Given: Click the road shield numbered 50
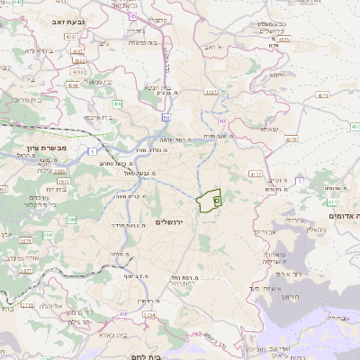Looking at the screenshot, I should click(166, 117).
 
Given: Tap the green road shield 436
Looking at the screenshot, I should click(117, 105).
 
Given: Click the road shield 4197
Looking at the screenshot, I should click(211, 92).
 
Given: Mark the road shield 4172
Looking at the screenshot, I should click(256, 174).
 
